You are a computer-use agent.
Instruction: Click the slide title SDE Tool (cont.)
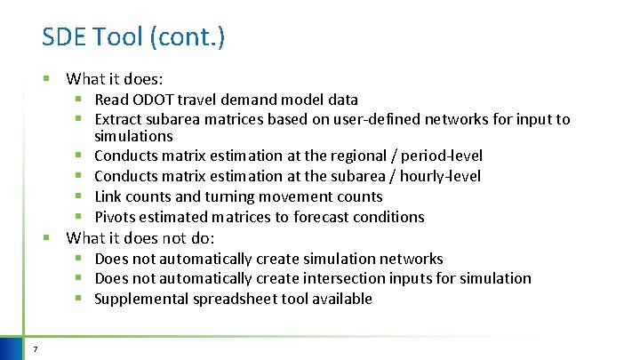(x=133, y=36)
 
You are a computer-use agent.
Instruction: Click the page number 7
(x=35, y=348)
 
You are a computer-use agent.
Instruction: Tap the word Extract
(x=120, y=119)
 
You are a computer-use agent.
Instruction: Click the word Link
(x=109, y=196)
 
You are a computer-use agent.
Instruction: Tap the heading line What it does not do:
(x=141, y=237)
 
